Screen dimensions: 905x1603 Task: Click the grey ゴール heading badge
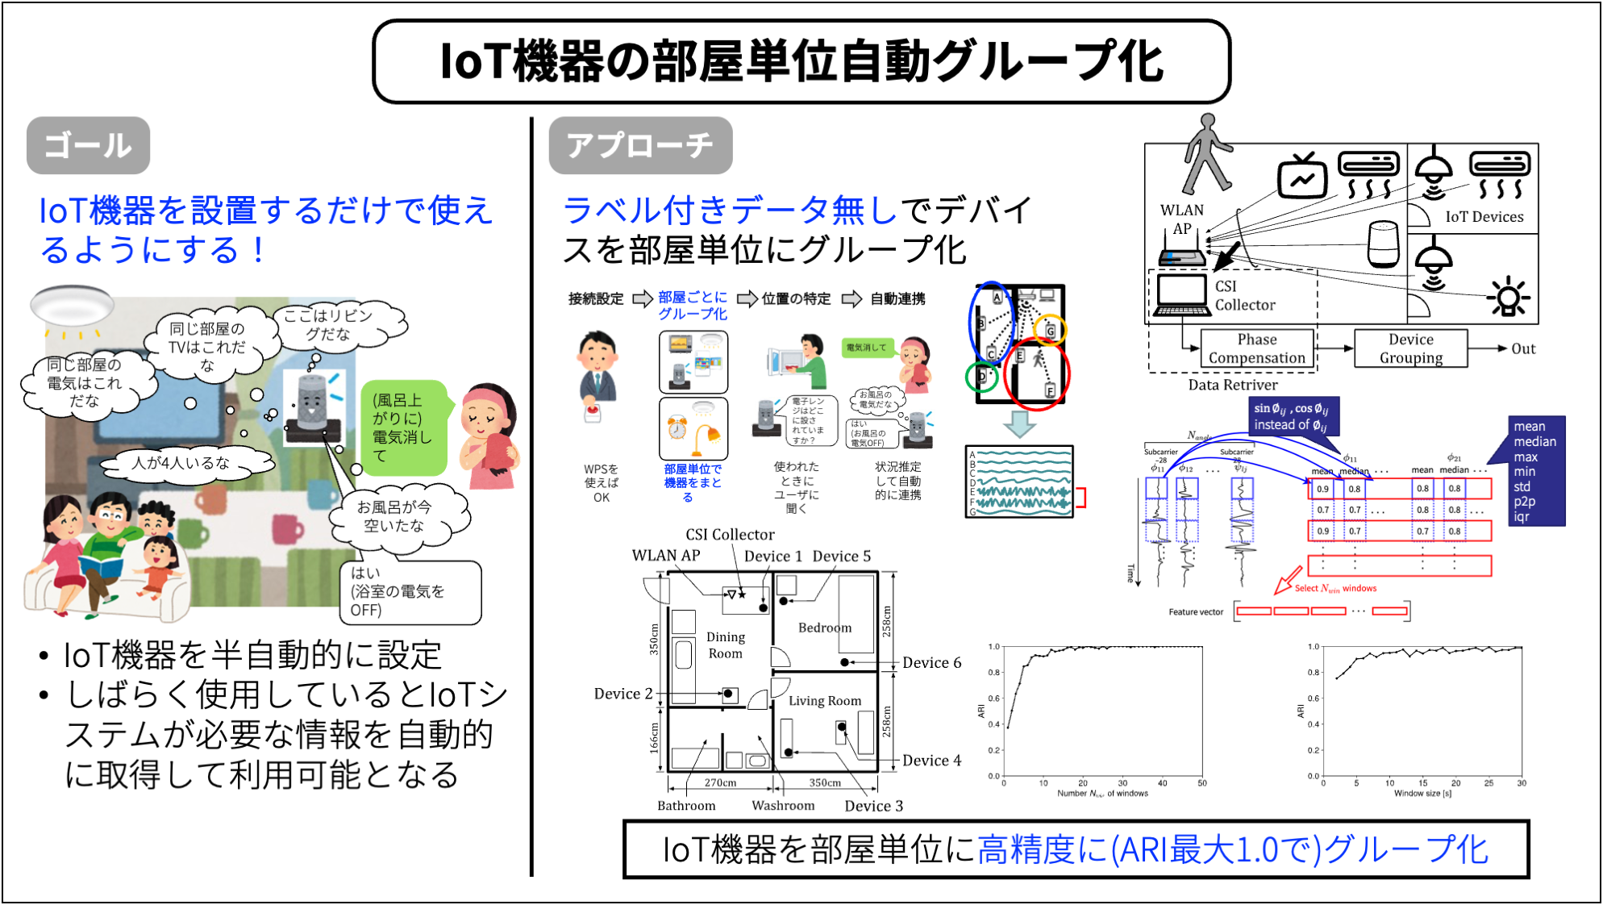[x=88, y=146]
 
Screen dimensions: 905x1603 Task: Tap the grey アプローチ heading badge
[x=640, y=146]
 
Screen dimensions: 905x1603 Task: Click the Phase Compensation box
[x=1256, y=348]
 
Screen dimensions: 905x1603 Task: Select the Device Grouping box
[x=1410, y=348]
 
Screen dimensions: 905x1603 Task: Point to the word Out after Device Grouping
[x=1522, y=349]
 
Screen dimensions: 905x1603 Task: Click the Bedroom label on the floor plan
[x=824, y=628]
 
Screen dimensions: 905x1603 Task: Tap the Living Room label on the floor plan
[x=824, y=701]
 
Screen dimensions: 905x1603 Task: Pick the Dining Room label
[x=725, y=645]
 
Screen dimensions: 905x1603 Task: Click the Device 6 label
[x=931, y=663]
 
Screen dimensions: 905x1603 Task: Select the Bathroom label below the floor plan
[x=686, y=806]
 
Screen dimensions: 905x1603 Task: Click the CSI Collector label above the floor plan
[x=730, y=535]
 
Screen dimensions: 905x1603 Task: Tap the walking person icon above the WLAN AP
[x=1206, y=153]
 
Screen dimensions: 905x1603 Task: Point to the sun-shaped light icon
[x=1509, y=297]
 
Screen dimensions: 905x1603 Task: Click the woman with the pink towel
[x=489, y=436]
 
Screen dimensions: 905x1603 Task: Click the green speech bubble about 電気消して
[x=402, y=427]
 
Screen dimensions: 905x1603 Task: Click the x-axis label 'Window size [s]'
[x=1422, y=794]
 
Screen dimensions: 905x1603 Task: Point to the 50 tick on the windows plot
[x=1201, y=783]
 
